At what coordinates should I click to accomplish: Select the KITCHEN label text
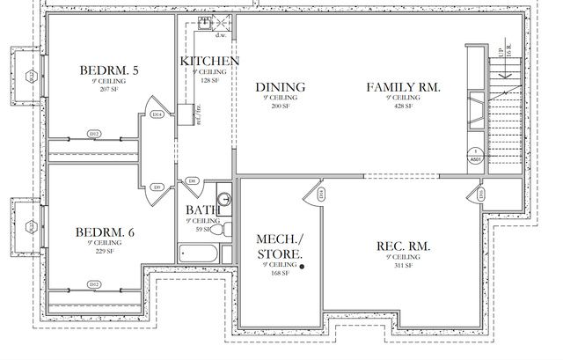coord(209,61)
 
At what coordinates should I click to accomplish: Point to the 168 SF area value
coord(281,273)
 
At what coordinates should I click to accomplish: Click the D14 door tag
coord(157,114)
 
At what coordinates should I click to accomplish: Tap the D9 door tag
coord(157,187)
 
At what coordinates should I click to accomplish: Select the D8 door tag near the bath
coord(192,180)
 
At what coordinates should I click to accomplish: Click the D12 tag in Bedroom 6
coord(94,283)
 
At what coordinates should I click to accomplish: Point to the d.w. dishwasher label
coord(221,36)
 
